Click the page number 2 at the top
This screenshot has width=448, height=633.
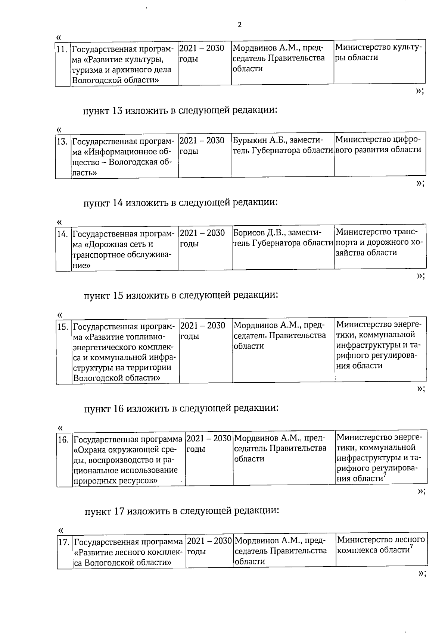[239, 25]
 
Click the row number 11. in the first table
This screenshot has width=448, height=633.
[62, 49]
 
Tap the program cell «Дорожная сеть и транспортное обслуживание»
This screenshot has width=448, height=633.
[124, 249]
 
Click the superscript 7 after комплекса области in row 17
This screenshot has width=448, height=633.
[411, 547]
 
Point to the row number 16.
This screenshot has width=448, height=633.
[63, 439]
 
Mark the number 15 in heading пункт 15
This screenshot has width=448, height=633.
[118, 295]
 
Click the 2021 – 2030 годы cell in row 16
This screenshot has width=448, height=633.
[209, 443]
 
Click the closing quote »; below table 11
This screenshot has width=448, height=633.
[420, 91]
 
